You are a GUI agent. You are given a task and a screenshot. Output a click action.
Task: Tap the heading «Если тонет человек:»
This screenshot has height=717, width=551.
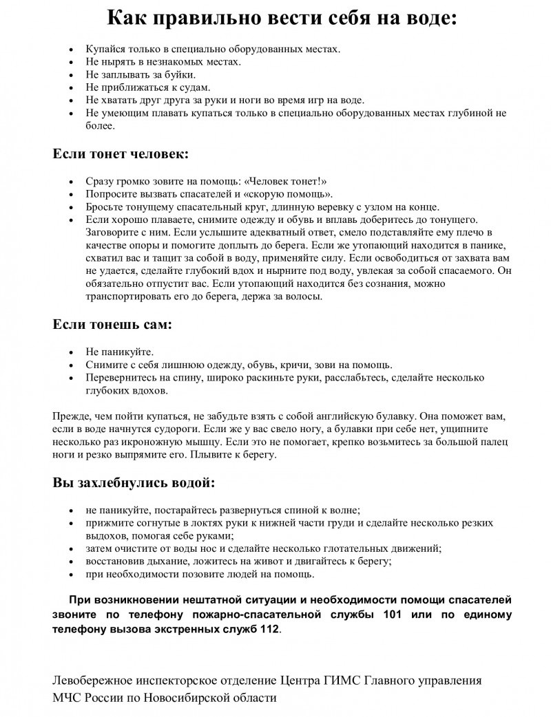tap(121, 153)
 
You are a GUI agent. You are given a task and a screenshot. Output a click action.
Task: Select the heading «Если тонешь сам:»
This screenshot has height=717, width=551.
tap(112, 324)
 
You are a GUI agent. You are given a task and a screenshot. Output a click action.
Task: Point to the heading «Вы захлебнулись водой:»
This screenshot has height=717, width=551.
tap(134, 482)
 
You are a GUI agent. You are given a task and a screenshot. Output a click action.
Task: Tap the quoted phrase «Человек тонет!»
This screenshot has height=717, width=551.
tap(283, 182)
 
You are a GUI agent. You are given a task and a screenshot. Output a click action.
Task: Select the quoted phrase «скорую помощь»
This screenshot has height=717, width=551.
tap(287, 195)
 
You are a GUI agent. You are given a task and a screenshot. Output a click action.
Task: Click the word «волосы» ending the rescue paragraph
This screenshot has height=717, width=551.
tap(302, 297)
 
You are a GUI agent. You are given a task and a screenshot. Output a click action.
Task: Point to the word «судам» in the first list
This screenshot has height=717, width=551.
tap(192, 87)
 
